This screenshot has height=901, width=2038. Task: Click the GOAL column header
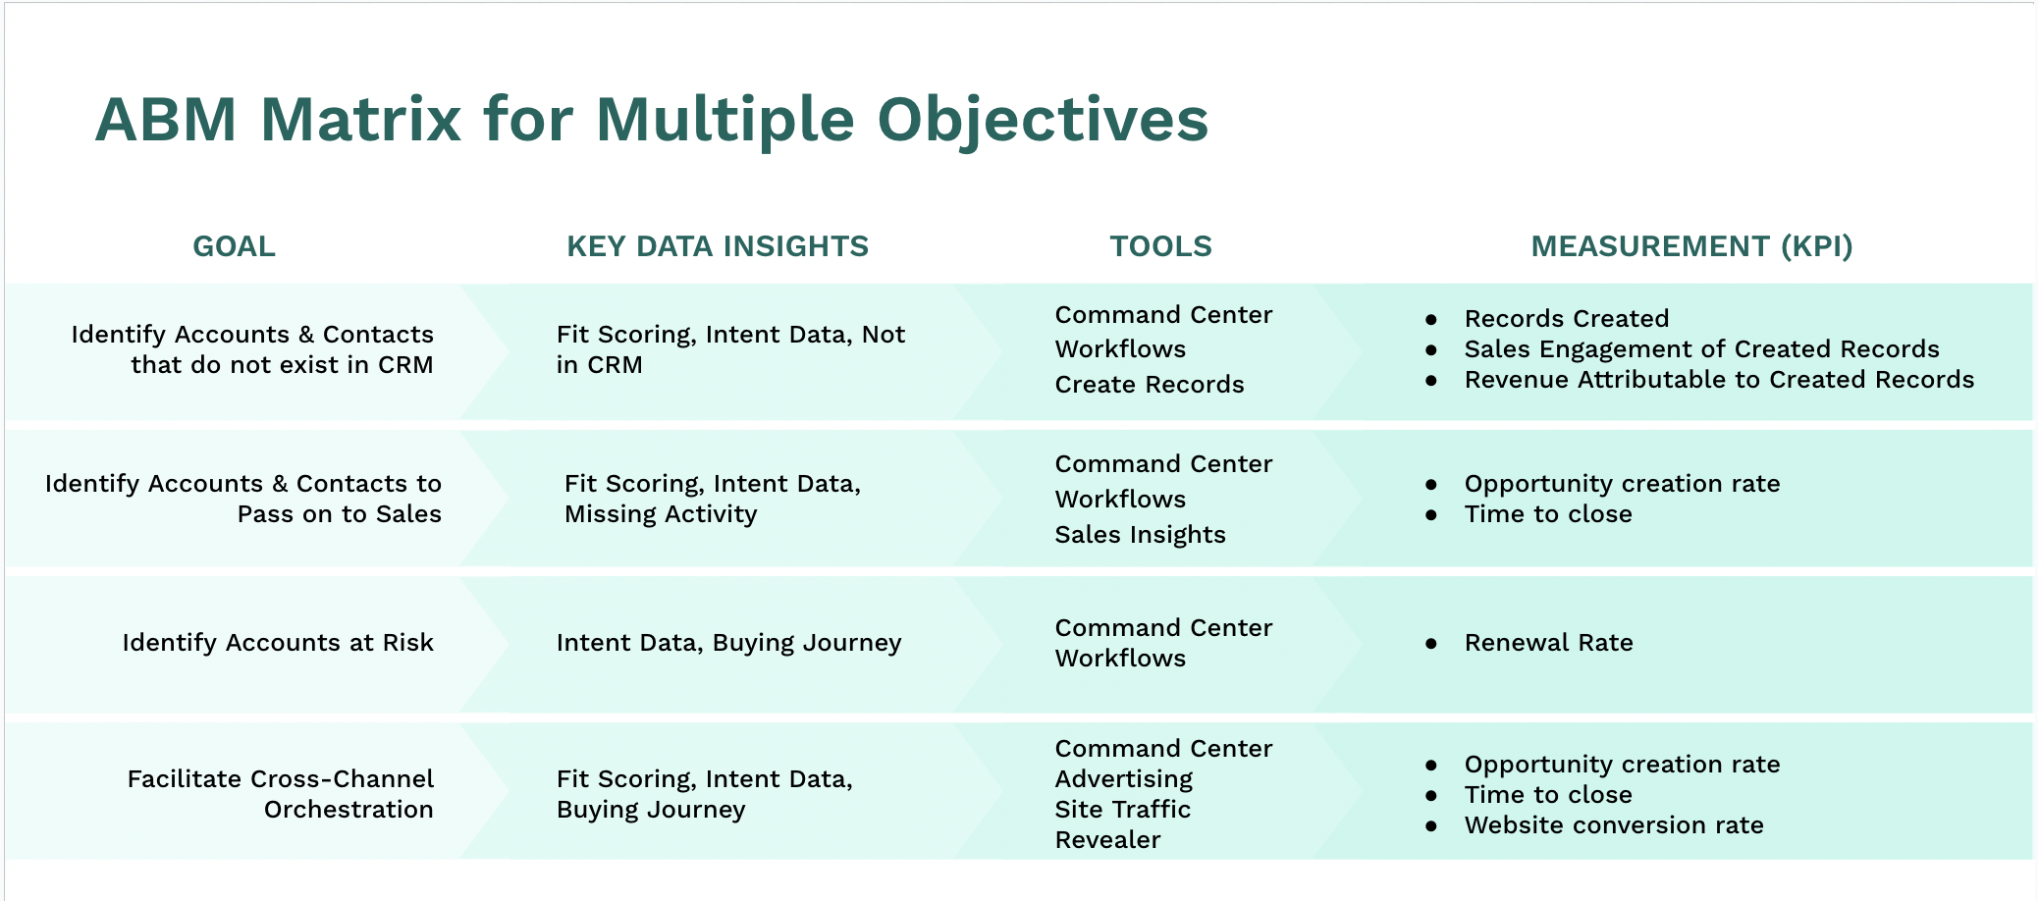(234, 246)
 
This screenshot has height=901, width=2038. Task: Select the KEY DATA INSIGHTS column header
(718, 246)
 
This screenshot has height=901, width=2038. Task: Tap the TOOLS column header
(1160, 246)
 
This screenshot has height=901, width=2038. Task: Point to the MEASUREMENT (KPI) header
(1691, 246)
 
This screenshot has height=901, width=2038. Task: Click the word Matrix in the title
(360, 120)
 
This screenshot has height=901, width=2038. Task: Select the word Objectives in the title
(1042, 120)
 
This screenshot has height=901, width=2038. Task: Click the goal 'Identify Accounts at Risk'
(278, 643)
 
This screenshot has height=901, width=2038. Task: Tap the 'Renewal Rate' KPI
(1548, 643)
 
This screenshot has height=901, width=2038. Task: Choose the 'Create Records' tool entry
(1149, 385)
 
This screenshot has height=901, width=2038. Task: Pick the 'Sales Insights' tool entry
(1140, 535)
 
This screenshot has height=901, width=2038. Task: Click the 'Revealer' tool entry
(1107, 840)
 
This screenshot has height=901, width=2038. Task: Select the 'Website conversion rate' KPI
(1613, 825)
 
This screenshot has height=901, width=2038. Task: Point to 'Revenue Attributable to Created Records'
(1718, 380)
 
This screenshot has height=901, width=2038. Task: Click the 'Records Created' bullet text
(1566, 319)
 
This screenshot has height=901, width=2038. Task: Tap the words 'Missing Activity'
(661, 514)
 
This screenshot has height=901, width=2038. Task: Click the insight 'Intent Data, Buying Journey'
(728, 643)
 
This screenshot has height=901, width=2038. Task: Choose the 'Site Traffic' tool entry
(1122, 810)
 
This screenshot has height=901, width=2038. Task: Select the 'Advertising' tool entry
(1123, 779)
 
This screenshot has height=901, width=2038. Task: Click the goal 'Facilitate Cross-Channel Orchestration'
(281, 794)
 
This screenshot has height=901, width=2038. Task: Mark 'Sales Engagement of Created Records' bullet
(1701, 349)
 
